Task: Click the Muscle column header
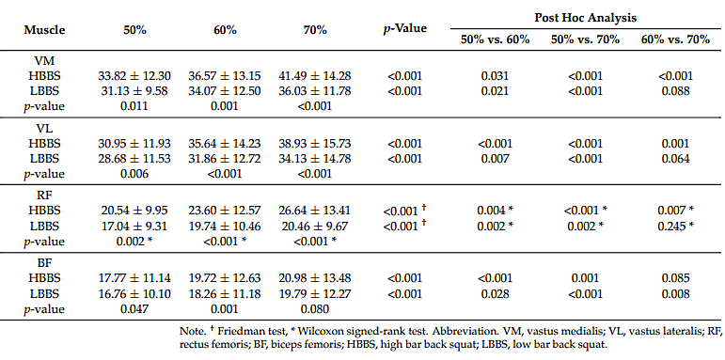(x=45, y=30)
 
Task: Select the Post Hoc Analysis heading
(x=586, y=18)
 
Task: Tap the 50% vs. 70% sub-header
(x=586, y=39)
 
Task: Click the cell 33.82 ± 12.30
(x=134, y=76)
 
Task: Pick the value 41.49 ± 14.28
(x=315, y=76)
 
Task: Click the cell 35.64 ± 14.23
(x=225, y=144)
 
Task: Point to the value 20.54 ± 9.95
(x=134, y=211)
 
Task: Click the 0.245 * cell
(x=675, y=226)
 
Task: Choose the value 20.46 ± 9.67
(x=315, y=226)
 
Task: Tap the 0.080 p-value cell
(x=315, y=308)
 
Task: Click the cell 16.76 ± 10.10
(x=134, y=294)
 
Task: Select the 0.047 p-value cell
(x=134, y=308)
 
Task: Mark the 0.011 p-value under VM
(x=134, y=106)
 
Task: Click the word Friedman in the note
(x=234, y=332)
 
